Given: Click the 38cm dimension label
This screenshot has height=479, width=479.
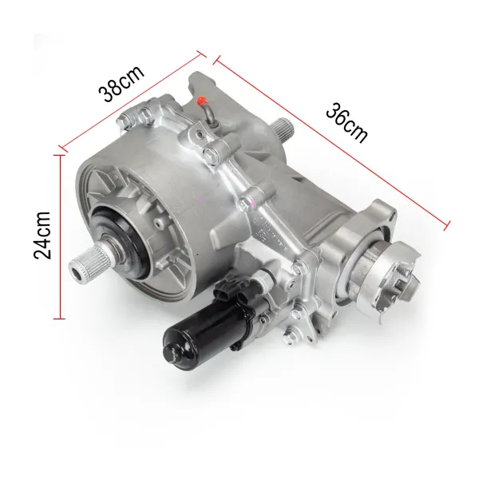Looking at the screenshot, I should click(x=121, y=81).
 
